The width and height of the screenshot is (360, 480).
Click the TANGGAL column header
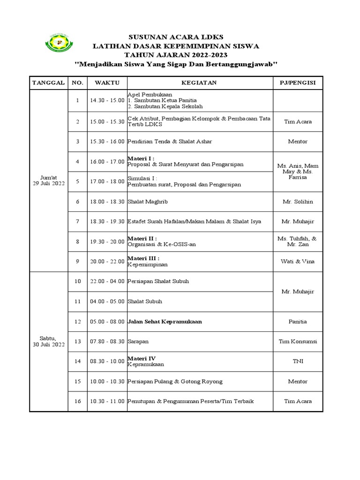click(48, 82)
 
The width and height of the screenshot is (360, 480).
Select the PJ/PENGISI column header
click(298, 82)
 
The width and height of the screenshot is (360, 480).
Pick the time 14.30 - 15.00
click(107, 100)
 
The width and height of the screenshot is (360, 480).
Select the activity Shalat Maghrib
click(148, 202)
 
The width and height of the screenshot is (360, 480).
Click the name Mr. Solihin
click(298, 202)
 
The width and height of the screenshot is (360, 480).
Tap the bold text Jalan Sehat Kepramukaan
click(165, 322)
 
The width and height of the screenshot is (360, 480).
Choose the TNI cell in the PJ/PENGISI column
click(298, 361)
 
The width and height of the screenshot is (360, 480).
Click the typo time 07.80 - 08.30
click(107, 342)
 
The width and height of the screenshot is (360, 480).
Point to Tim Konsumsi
click(298, 342)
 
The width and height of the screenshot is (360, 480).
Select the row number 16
click(77, 401)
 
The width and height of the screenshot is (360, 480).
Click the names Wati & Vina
click(298, 262)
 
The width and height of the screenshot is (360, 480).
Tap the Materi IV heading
click(142, 359)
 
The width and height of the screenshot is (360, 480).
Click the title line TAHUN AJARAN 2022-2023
click(176, 55)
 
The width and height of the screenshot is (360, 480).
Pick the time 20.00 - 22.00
click(107, 262)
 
